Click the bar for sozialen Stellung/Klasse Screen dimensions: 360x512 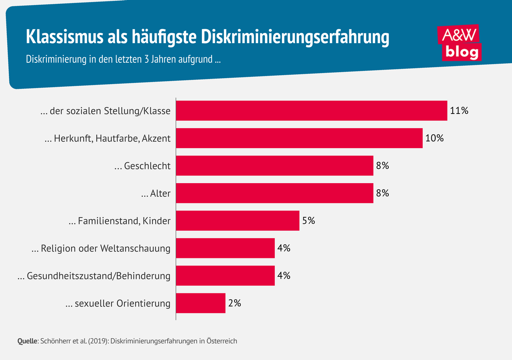click(311, 111)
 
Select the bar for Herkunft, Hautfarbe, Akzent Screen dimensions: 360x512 click(299, 138)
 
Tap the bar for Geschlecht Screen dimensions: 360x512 click(274, 166)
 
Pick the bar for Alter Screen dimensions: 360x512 click(274, 193)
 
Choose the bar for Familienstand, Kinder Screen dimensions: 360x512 click(238, 221)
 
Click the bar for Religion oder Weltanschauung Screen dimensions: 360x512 click(225, 248)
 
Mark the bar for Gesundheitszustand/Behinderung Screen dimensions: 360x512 click(225, 275)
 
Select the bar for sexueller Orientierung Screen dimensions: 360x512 click(201, 303)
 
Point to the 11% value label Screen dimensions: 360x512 click(459, 111)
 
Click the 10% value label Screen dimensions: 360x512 click(434, 138)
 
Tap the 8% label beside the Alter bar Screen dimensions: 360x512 click(382, 193)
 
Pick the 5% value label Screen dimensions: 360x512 click(308, 221)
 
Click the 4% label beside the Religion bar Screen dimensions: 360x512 click(284, 248)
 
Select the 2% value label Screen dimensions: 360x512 click(234, 303)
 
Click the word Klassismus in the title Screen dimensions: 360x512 click(62, 37)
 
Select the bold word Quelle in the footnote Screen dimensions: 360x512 click(28, 341)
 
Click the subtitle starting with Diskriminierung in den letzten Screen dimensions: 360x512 click(123, 59)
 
